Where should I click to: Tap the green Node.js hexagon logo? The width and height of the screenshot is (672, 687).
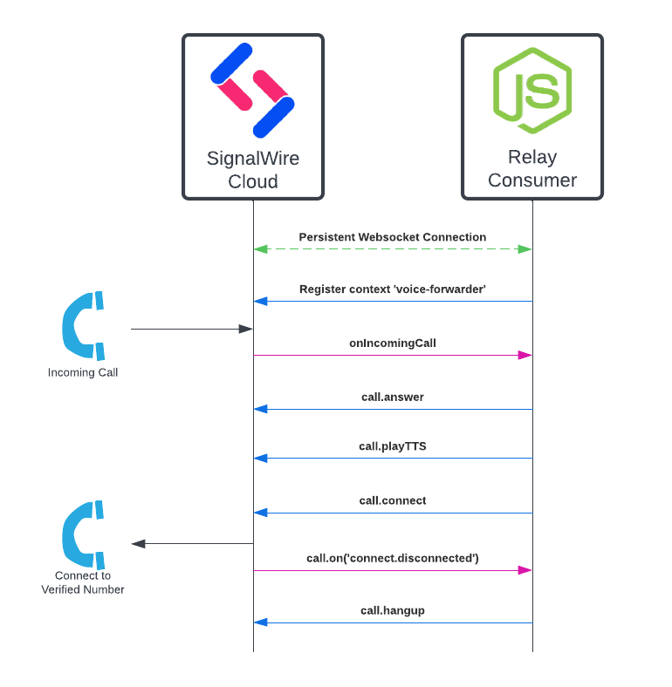tap(531, 91)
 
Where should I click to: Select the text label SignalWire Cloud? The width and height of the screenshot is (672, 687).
tap(253, 170)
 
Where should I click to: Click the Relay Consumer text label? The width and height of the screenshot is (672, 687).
tap(532, 169)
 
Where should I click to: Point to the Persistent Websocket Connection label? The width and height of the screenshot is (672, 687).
tap(393, 237)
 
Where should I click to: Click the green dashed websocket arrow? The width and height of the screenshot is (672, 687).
tap(393, 249)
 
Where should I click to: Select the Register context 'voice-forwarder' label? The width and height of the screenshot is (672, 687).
tap(393, 289)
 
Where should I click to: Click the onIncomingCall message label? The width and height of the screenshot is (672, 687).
tap(393, 343)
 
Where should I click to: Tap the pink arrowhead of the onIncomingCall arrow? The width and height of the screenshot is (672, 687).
tap(525, 355)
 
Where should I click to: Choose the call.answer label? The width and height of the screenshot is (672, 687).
tap(393, 398)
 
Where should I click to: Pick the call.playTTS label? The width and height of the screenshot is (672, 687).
tap(393, 446)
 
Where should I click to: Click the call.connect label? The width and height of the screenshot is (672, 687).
tap(393, 501)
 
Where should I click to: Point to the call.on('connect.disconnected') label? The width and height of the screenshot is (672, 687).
tap(393, 558)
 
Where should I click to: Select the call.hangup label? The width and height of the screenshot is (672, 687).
tap(393, 611)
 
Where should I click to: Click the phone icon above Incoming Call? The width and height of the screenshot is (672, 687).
tap(83, 325)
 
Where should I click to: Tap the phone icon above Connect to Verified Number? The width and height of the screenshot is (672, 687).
tap(83, 534)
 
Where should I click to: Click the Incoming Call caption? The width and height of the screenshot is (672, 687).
tap(83, 373)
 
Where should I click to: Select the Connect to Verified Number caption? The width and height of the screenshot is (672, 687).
tap(83, 582)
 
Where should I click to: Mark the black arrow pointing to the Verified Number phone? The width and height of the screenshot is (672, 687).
tap(191, 543)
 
